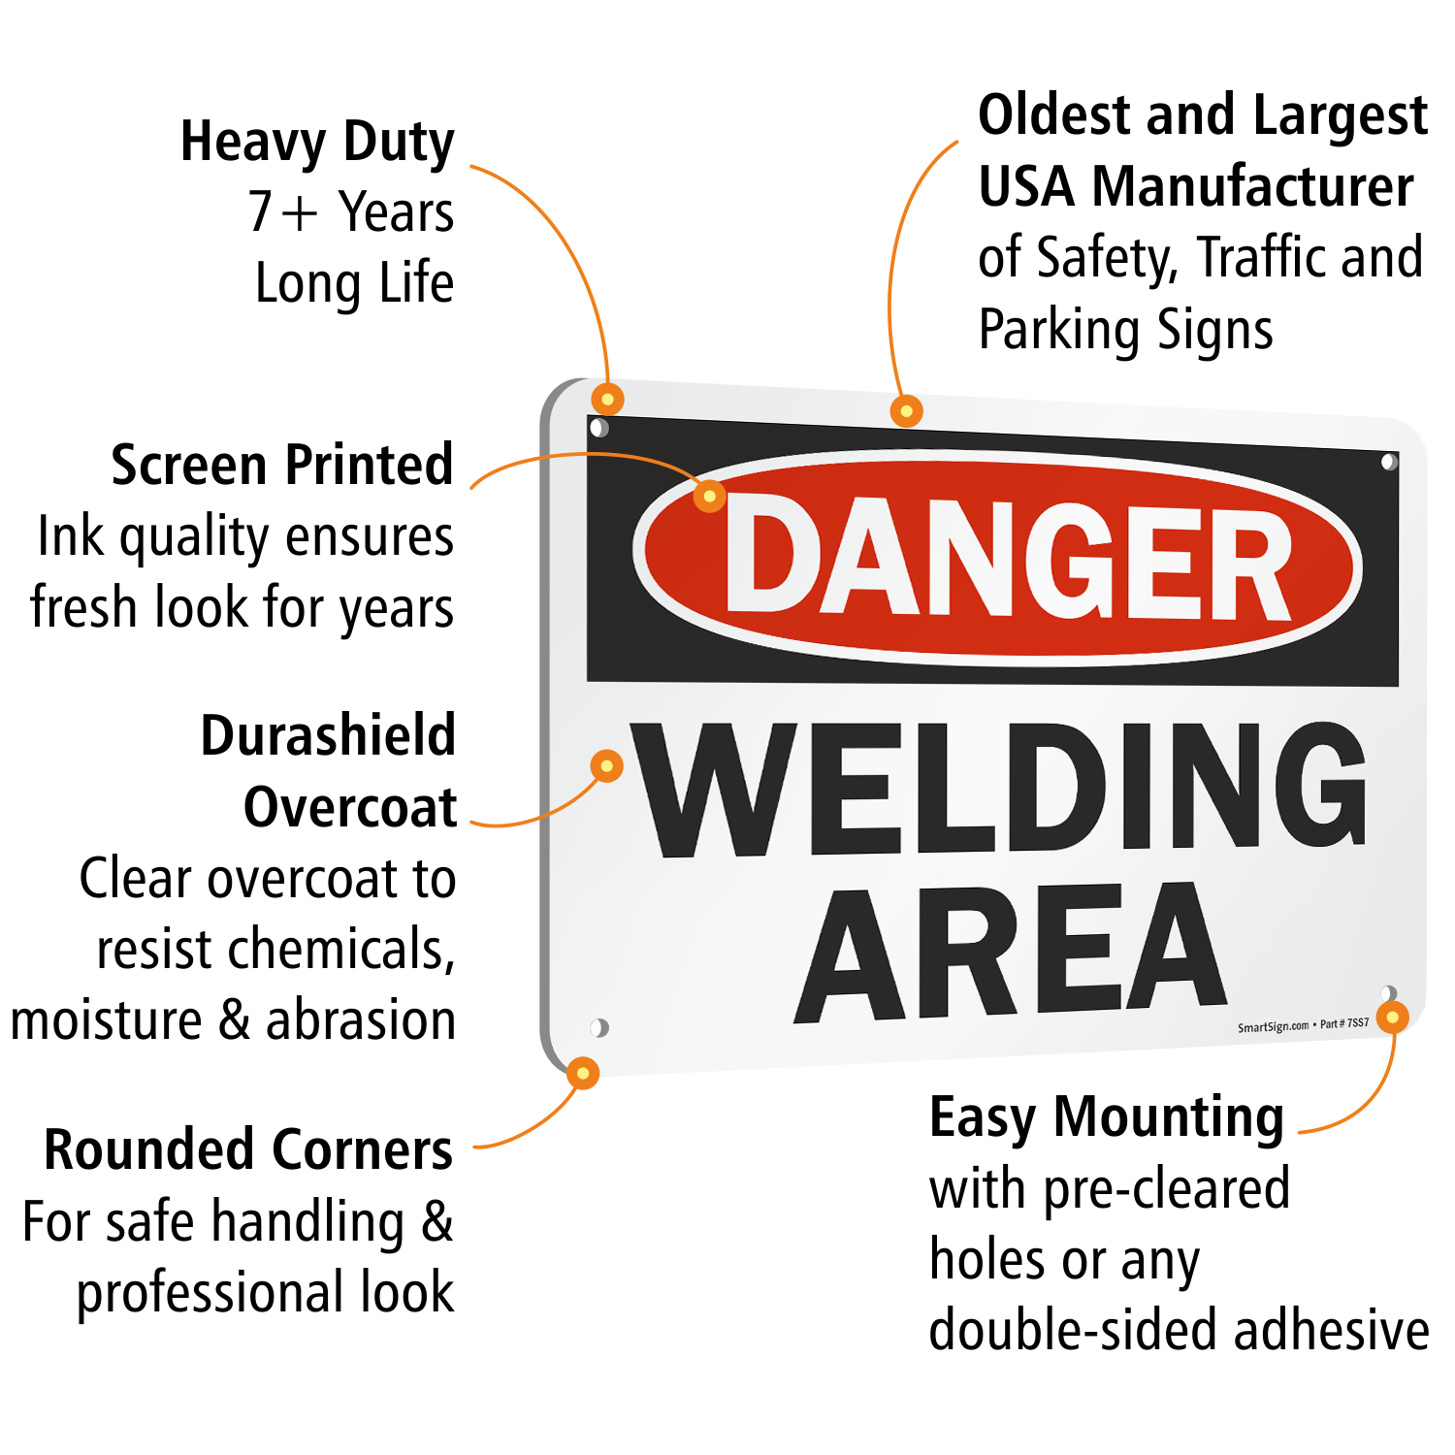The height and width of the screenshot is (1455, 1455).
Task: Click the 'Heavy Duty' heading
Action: coord(317,143)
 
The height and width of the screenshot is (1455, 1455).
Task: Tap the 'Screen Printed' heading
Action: coord(281,465)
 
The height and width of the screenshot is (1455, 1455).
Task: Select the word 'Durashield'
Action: coord(328,735)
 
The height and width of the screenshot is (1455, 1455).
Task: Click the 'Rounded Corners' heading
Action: coord(248,1150)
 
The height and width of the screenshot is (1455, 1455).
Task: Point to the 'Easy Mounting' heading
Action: coord(1106,1118)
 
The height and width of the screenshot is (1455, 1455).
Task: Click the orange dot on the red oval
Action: coord(709,496)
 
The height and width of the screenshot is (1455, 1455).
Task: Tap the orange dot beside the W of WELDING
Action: coord(606,766)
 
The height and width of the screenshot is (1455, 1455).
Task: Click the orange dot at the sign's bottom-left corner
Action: coord(582,1073)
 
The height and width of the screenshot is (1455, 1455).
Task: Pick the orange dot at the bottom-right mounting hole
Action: coord(1393,1017)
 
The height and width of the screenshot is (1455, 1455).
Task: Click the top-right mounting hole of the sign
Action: coord(1389,462)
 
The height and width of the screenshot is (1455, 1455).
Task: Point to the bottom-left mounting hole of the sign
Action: coord(599,1027)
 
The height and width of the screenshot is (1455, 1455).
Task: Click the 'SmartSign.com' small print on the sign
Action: coord(1273,1026)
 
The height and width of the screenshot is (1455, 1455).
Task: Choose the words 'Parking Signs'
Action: coord(1125,330)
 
